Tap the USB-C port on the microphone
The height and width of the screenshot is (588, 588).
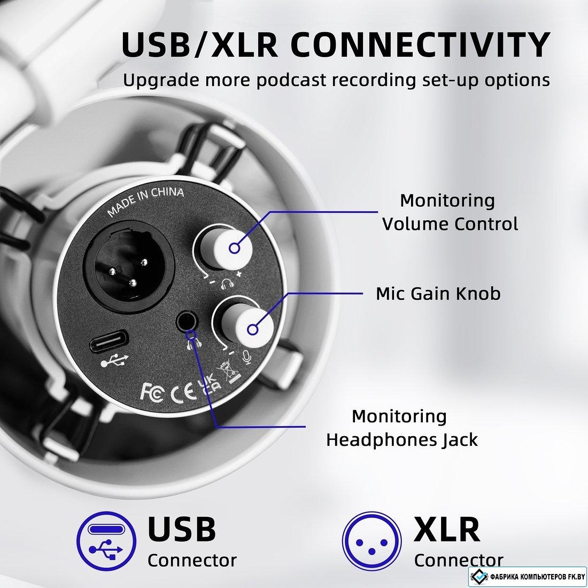109,341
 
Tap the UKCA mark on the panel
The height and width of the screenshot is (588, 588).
209,383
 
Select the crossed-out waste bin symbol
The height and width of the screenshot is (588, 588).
229,372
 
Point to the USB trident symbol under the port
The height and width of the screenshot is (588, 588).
114,361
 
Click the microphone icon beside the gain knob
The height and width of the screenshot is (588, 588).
247,358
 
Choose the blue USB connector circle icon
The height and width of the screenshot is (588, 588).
106,541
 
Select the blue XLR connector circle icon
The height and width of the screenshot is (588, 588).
372,541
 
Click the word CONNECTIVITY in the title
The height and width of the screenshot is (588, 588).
420,45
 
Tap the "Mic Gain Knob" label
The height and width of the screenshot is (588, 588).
438,293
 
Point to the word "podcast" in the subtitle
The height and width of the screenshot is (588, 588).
291,80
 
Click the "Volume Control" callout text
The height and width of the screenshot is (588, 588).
450,224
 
